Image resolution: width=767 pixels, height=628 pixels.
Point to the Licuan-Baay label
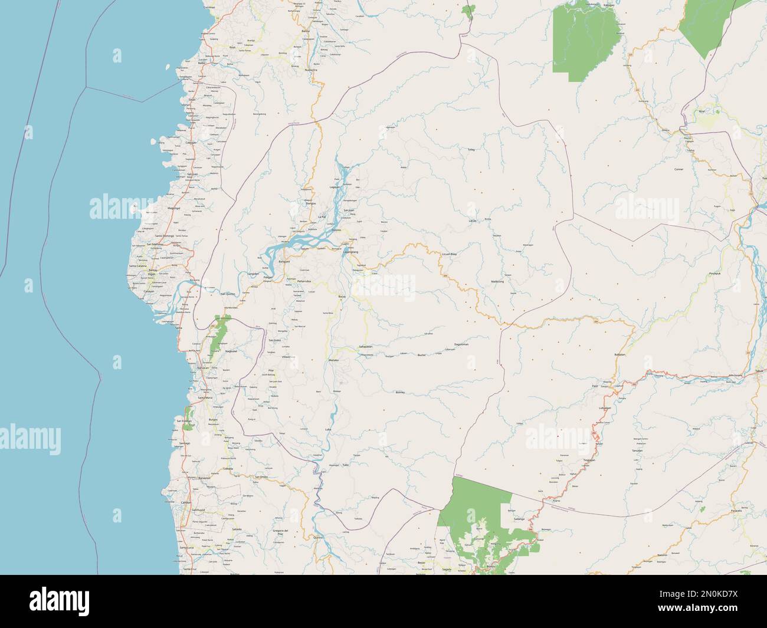point(450,254)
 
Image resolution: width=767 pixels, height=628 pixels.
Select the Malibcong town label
point(497,282)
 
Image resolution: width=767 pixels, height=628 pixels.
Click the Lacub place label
point(472,221)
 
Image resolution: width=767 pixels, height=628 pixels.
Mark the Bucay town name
point(342,297)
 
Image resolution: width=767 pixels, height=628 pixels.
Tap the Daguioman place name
point(461,344)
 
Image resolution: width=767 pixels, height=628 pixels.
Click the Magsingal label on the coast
point(157,208)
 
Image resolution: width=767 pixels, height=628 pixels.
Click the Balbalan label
point(619,354)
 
